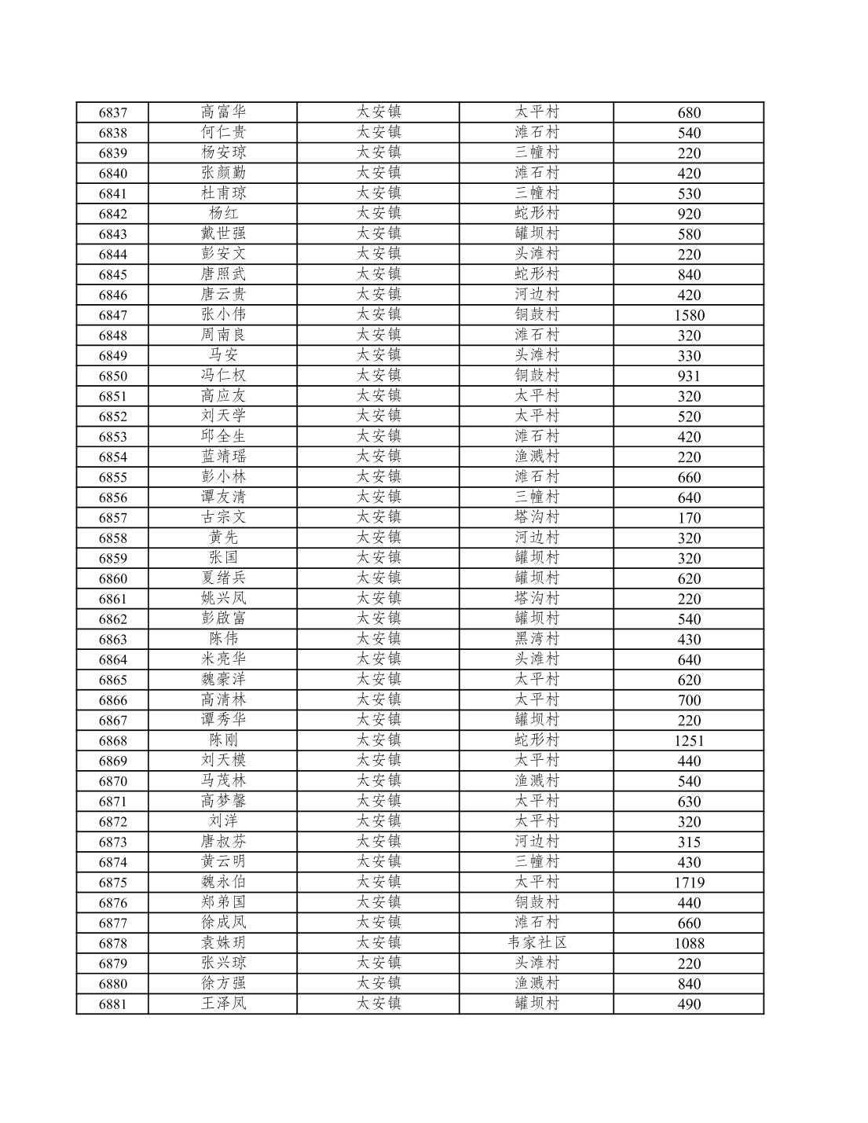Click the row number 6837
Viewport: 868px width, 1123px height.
point(112,112)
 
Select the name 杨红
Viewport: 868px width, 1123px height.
point(223,213)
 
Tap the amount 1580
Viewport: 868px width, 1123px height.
point(689,315)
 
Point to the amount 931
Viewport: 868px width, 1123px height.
point(689,376)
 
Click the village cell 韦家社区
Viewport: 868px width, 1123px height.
point(537,942)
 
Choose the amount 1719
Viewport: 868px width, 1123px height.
point(689,883)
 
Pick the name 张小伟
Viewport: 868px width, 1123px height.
point(223,314)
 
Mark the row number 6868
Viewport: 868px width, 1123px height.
point(112,740)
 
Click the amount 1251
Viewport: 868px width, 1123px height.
point(689,740)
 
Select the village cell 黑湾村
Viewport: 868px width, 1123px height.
point(537,639)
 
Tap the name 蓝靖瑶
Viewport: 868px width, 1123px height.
point(223,457)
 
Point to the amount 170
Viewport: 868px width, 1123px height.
point(689,518)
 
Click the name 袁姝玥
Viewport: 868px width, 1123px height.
point(223,942)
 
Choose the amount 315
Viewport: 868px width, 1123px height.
point(689,842)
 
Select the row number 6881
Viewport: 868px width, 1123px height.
point(112,1004)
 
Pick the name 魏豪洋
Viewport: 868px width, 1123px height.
point(223,679)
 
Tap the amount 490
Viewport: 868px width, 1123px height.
point(689,1004)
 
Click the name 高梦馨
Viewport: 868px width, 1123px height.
point(223,801)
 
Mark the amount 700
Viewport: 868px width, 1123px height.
point(689,700)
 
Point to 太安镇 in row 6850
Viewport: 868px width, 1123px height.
point(379,376)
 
